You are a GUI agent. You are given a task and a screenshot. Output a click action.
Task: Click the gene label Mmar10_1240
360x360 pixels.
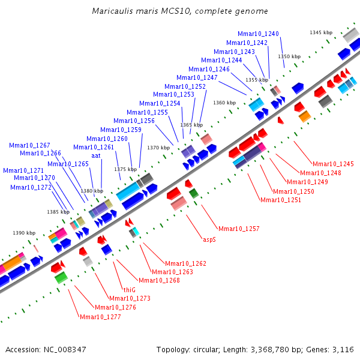pos(258,34)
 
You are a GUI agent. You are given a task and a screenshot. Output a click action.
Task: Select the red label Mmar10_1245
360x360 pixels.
pos(333,164)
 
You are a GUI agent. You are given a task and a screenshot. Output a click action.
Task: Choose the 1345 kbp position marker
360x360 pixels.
pos(321,32)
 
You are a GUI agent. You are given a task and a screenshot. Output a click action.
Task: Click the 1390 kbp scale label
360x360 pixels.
pos(24,233)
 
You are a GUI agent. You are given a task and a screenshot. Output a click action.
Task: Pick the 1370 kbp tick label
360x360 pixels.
pos(158,148)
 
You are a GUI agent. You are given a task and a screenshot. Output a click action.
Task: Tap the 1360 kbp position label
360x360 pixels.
pos(224,103)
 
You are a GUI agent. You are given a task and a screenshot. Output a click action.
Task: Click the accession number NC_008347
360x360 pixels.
pos(64,349)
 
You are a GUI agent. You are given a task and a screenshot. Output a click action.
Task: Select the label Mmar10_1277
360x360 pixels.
pos(100,317)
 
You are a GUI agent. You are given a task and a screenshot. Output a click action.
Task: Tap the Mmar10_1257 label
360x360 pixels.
pos(239,229)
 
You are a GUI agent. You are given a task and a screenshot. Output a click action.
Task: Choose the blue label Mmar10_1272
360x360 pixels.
pos(31,187)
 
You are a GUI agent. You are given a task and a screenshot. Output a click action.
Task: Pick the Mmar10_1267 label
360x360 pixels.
pos(29,145)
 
